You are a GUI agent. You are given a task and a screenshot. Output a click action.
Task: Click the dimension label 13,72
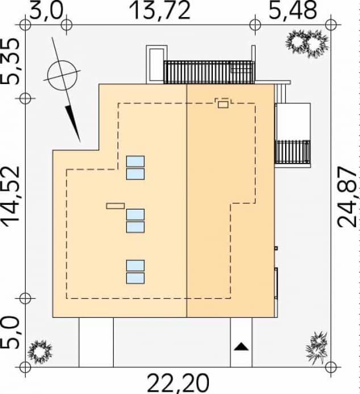coord(160,11)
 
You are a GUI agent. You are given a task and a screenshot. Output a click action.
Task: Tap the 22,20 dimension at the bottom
coord(178,383)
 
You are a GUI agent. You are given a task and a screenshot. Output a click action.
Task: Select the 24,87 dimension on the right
coord(347,197)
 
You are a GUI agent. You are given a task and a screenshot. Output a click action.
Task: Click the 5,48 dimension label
coord(293,11)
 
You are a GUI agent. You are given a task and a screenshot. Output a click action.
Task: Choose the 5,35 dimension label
coord(11,61)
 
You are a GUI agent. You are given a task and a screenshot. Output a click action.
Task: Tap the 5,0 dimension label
coord(11,333)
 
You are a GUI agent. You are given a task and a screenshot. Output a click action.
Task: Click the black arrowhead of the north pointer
coord(73,124)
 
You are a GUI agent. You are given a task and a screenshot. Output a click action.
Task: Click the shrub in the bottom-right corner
coord(317,348)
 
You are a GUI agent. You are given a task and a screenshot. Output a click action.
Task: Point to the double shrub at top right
coord(307,43)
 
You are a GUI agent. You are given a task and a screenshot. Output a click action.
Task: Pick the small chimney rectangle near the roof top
coord(223,104)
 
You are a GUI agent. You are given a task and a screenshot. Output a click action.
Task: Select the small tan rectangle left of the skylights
coord(115,206)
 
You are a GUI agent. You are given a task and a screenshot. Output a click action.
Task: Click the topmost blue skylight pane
coord(135,161)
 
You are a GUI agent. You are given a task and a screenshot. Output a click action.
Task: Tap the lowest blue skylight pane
coord(135,278)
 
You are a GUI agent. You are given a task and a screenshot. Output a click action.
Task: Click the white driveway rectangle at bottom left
coord(96,342)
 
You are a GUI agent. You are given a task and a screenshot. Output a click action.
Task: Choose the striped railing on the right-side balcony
coord(293,152)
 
